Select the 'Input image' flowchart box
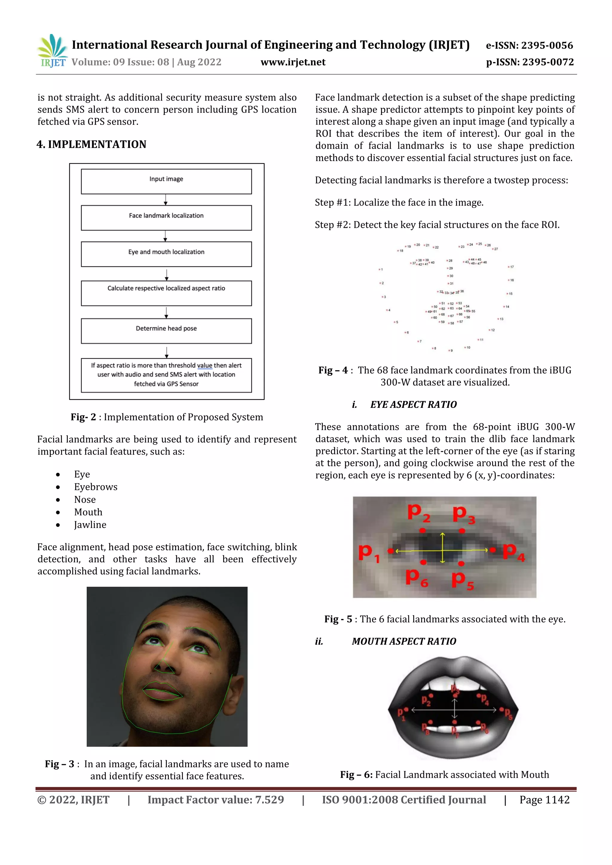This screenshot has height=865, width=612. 166,182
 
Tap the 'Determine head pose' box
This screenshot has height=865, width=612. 166,331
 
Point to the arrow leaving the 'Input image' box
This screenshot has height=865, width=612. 166,200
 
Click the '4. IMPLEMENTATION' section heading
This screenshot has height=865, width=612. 91,144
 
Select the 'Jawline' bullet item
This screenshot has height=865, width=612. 90,525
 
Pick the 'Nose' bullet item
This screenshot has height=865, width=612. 85,500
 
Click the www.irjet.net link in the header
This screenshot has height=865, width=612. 293,62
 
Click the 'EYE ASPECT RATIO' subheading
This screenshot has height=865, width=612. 413,405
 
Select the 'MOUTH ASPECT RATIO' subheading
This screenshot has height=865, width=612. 404,642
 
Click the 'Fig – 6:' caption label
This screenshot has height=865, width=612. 356,775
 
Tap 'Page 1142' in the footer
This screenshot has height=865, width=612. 544,800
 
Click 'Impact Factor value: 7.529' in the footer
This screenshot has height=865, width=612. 216,800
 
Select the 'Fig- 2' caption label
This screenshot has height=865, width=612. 83,417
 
